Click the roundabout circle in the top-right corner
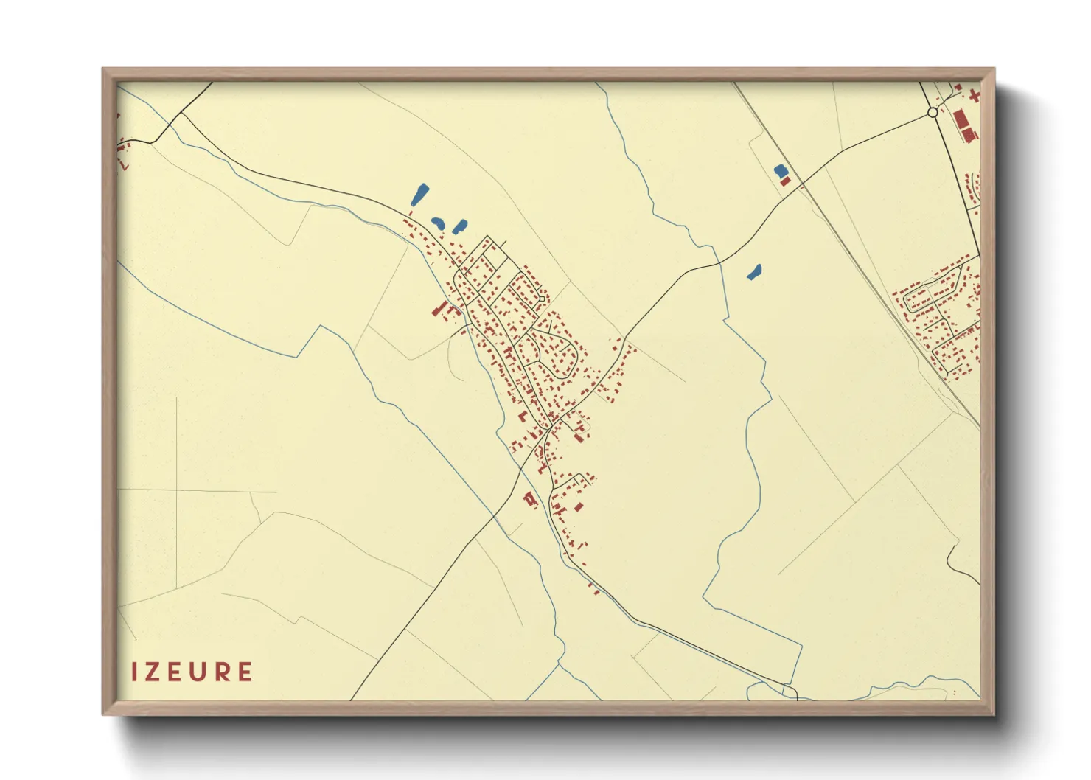[x=933, y=113]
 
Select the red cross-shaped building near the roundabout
[x=975, y=96]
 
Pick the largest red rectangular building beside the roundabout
[x=961, y=120]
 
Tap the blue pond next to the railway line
[x=780, y=171]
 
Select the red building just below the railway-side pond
[x=785, y=181]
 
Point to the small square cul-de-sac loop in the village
[x=543, y=299]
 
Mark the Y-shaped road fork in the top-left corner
[x=180, y=115]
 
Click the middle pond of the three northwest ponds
[x=438, y=222]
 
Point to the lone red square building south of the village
[x=579, y=506]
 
